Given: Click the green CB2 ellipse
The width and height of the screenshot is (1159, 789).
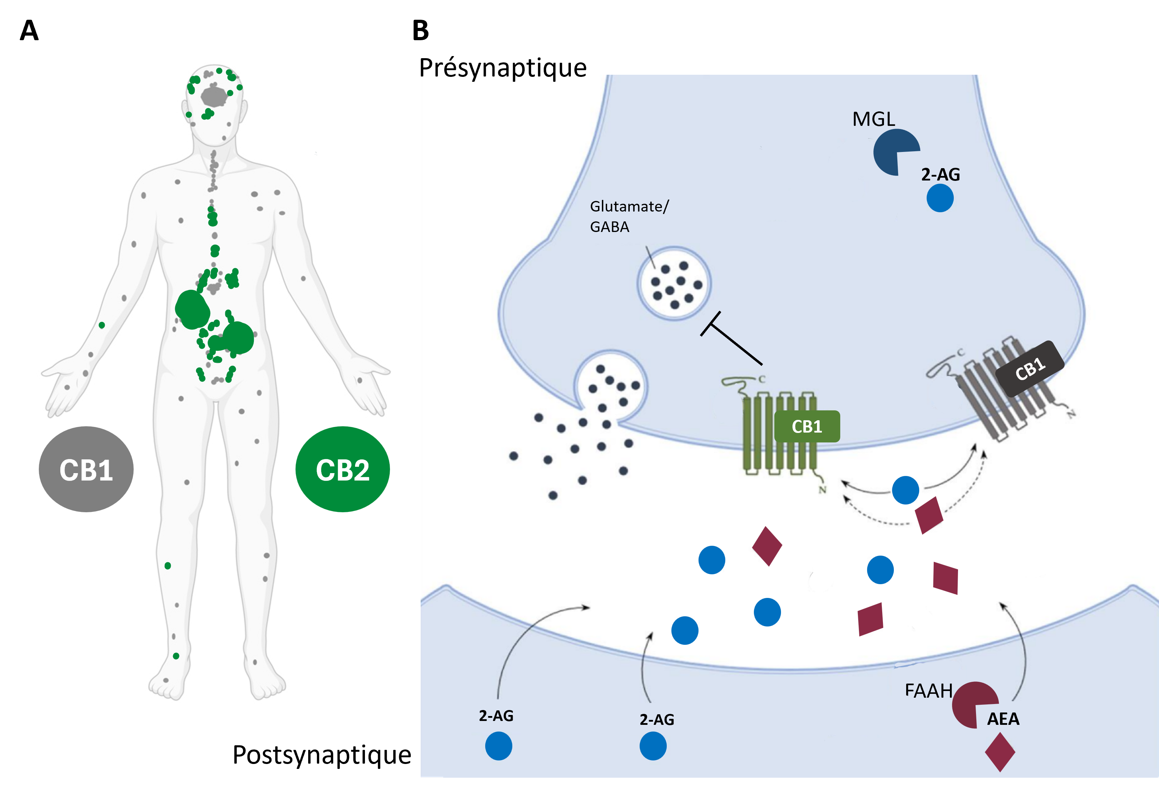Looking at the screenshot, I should click(343, 469).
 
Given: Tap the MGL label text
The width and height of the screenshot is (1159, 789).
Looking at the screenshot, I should click(873, 119).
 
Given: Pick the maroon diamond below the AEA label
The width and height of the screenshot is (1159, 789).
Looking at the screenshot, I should click(1000, 752).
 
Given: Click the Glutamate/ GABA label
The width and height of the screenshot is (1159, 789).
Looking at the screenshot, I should click(628, 216).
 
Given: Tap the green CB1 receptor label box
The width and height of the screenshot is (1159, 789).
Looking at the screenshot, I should click(807, 427).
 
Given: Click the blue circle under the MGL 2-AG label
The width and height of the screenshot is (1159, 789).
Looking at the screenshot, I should click(940, 198).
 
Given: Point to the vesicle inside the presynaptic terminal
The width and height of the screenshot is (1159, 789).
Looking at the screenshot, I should click(674, 283).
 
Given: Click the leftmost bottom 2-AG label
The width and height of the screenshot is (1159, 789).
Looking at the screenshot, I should click(496, 716).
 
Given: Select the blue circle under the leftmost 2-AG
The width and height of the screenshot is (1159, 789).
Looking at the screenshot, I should click(499, 746).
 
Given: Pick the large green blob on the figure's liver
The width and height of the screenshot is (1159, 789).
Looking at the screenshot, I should click(192, 310).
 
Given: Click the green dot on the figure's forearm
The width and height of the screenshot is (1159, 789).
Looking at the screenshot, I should click(102, 325).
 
